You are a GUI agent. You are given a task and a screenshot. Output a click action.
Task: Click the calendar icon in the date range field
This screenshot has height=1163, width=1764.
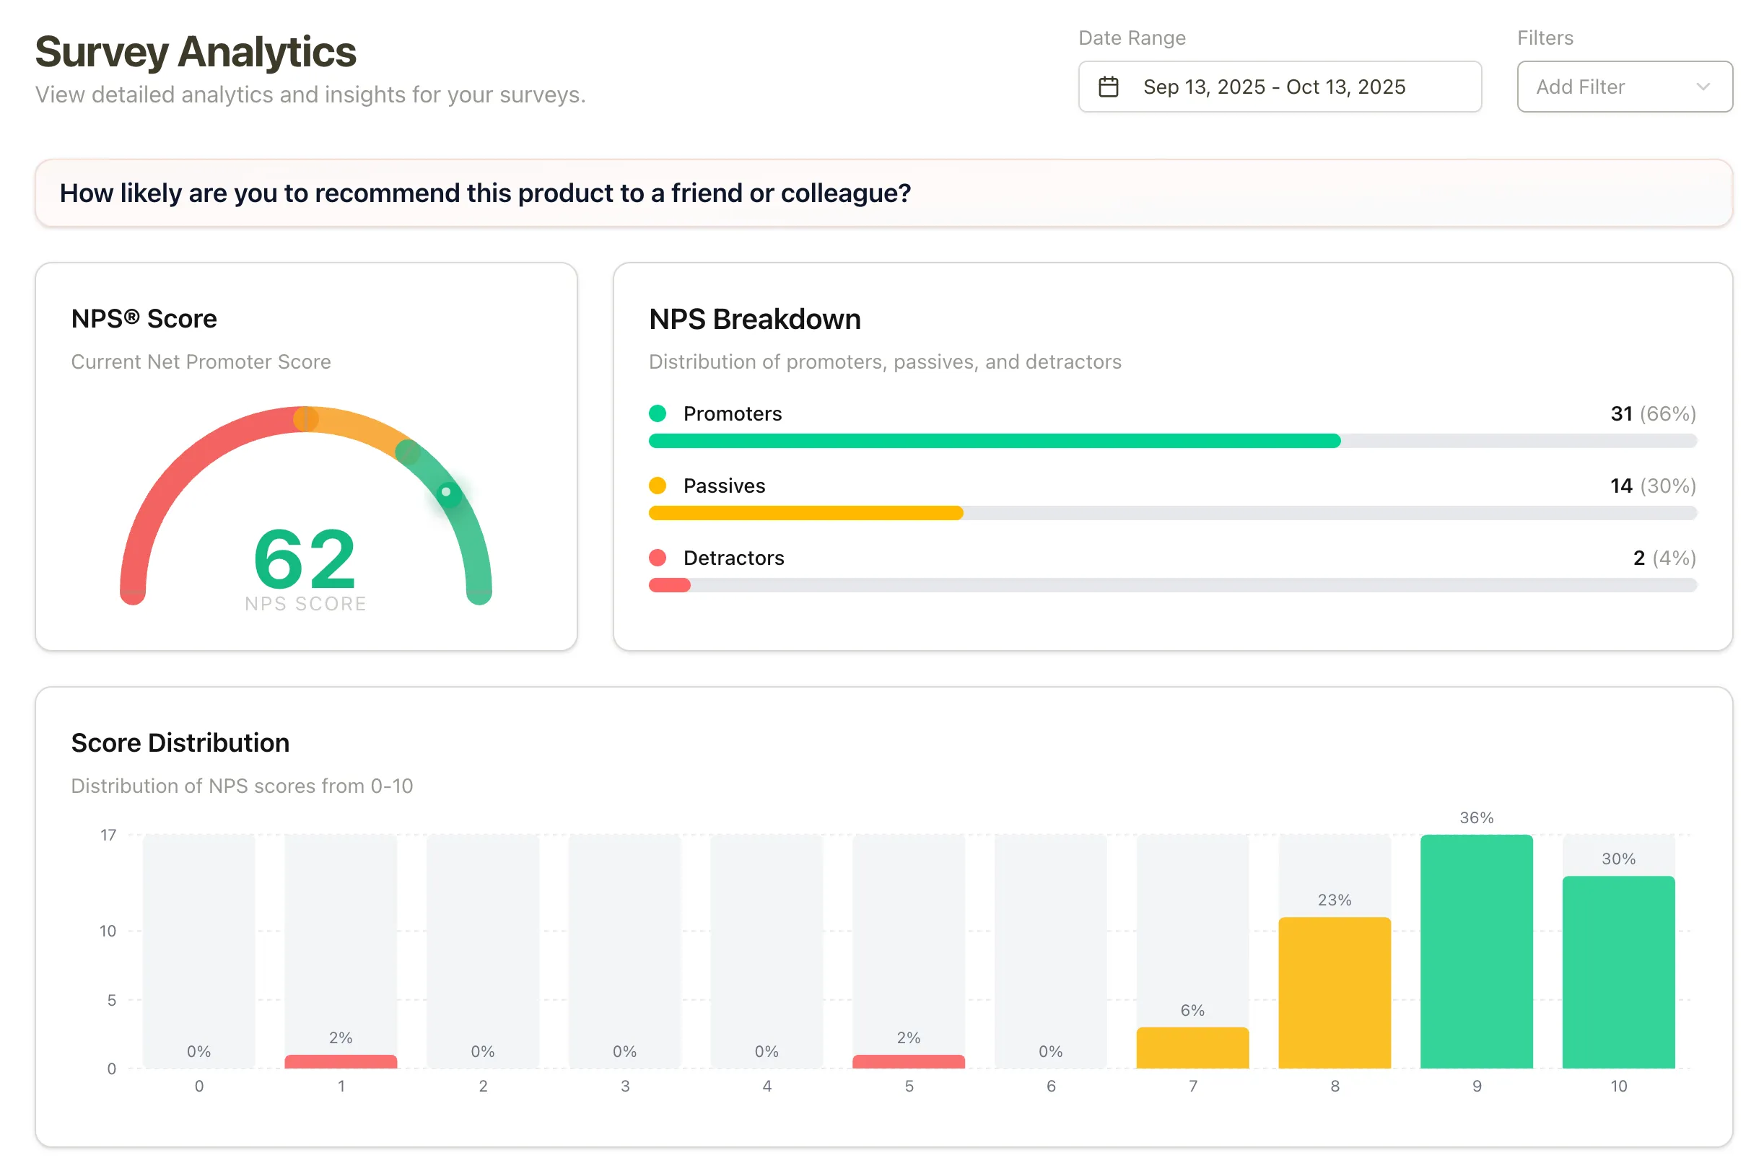[1107, 87]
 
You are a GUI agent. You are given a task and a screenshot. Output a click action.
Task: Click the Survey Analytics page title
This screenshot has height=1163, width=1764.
[195, 52]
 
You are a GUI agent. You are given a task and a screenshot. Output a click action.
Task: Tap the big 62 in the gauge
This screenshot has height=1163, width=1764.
[304, 558]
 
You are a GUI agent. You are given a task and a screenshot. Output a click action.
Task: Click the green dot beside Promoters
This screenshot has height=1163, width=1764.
[657, 413]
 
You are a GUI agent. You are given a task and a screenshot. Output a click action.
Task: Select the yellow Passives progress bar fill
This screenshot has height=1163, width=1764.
[805, 512]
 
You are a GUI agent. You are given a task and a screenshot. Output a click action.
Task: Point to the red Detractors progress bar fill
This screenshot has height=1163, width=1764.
[669, 585]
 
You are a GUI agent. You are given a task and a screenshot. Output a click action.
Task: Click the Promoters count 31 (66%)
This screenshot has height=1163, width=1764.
[1652, 413]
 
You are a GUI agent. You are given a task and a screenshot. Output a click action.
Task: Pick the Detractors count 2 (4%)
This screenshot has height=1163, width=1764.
[1663, 558]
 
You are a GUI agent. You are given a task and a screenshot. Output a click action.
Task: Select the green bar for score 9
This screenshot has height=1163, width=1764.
[1475, 951]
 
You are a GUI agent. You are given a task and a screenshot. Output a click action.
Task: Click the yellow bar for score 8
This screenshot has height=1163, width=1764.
[1334, 993]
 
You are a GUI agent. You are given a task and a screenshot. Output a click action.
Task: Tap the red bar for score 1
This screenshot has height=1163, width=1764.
[341, 1061]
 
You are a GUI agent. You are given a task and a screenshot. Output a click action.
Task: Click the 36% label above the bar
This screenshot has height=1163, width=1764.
[1475, 817]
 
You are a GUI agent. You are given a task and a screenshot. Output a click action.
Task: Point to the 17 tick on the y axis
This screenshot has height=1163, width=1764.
[108, 835]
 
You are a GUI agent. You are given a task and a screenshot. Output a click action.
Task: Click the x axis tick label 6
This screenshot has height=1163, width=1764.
[1050, 1086]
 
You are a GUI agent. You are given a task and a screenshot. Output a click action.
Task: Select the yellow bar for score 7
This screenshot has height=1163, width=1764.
[1192, 1048]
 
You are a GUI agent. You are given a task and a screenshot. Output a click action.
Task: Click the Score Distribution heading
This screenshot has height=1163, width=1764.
[180, 742]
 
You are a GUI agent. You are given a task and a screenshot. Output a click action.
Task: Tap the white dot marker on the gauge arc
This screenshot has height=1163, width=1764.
[446, 491]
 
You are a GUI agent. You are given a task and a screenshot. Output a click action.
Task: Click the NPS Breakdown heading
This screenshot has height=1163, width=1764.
[754, 319]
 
